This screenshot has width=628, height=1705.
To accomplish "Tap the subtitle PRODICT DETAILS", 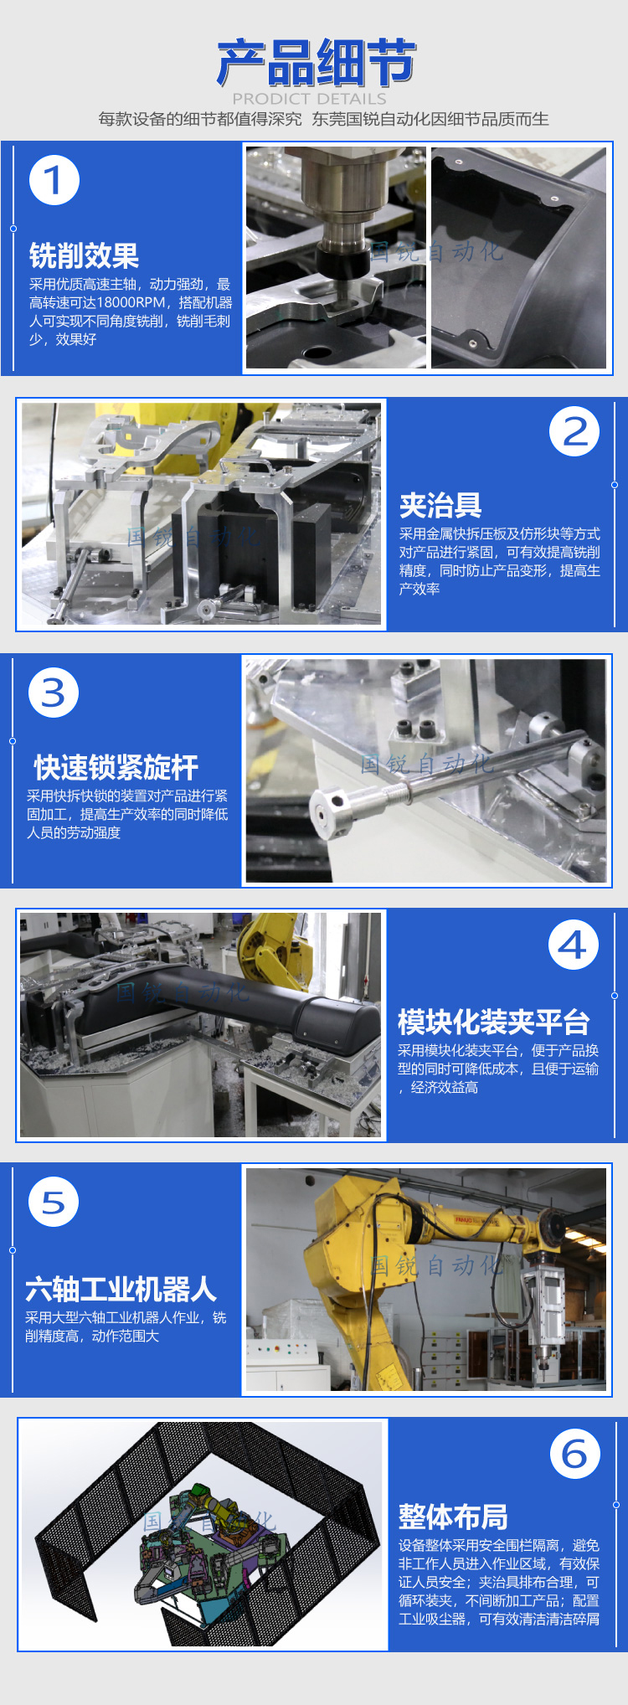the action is (x=310, y=99).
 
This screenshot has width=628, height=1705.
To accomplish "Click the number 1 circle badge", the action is (x=54, y=180).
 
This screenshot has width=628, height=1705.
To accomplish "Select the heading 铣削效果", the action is (x=84, y=255).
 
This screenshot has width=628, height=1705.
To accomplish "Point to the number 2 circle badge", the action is (x=574, y=431).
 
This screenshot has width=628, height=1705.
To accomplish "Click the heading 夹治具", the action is (x=440, y=505).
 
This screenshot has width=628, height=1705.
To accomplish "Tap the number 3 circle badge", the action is (x=54, y=693).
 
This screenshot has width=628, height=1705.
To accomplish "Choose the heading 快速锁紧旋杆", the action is (x=116, y=767).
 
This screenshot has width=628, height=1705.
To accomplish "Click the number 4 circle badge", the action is (x=574, y=945).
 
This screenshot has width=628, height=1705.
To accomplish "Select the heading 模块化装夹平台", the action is (x=494, y=1022).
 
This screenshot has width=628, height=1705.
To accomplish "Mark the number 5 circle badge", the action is (x=54, y=1202).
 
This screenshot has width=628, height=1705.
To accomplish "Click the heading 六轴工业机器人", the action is (x=121, y=1289).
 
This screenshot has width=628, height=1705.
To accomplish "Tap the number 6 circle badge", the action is (x=575, y=1454).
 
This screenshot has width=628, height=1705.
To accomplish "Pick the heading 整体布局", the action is (x=453, y=1517).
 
